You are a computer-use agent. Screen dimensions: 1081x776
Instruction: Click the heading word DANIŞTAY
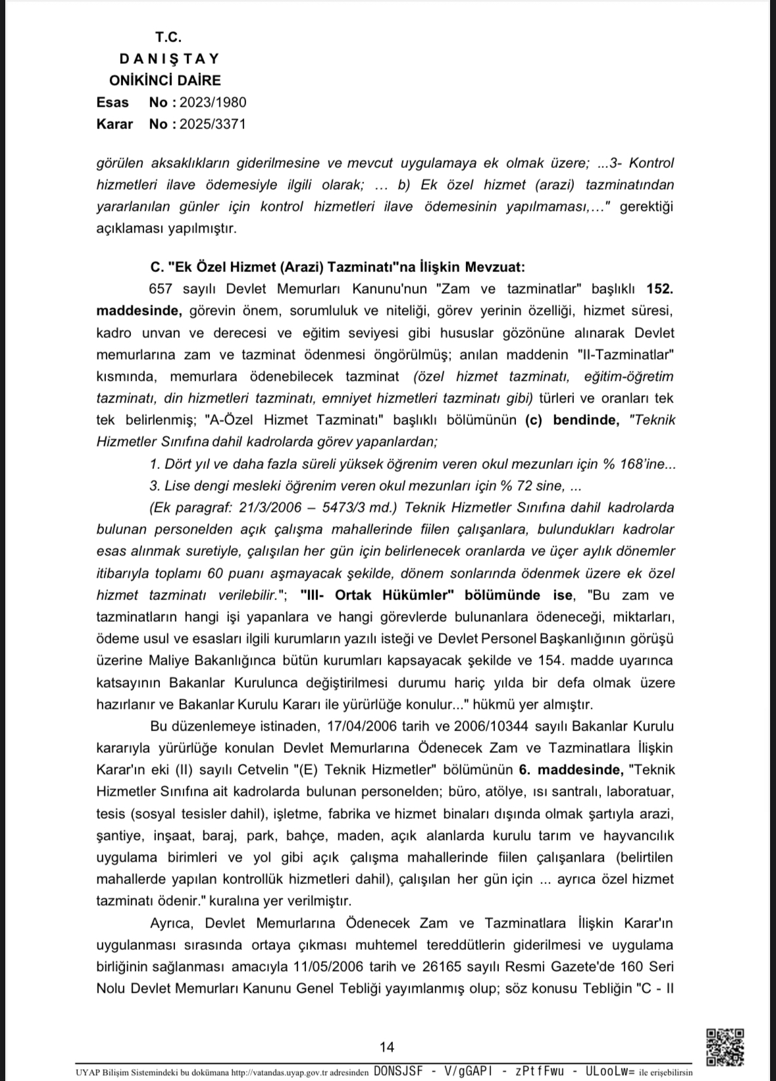click(x=169, y=59)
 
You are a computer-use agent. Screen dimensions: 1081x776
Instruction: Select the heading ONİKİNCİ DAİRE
click(x=165, y=80)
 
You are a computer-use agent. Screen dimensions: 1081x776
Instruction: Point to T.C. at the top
click(x=168, y=37)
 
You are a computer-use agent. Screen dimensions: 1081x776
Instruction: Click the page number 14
click(x=387, y=1047)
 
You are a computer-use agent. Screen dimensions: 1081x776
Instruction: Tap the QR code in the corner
click(x=725, y=1047)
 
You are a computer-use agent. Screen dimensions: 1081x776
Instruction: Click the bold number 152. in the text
click(x=660, y=289)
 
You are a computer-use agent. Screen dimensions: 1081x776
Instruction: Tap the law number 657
click(x=161, y=289)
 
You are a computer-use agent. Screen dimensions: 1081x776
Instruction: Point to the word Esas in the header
click(x=113, y=102)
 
